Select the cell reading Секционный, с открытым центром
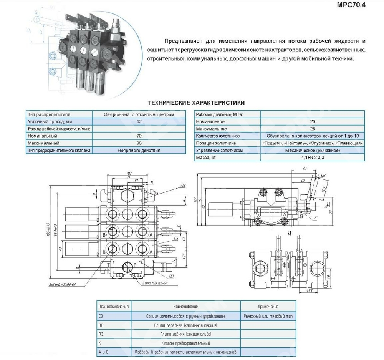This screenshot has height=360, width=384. pyautogui.click(x=139, y=114)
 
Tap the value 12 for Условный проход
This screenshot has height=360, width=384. pyautogui.click(x=139, y=121)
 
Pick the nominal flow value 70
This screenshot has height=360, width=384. pyautogui.click(x=139, y=136)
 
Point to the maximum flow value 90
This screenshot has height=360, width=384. pyautogui.click(x=139, y=143)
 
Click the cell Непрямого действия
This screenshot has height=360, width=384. pyautogui.click(x=139, y=150)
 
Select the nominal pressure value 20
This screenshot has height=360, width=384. pyautogui.click(x=313, y=121)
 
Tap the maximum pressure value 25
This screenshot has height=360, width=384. pyautogui.click(x=313, y=129)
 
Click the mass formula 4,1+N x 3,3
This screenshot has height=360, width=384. pyautogui.click(x=313, y=158)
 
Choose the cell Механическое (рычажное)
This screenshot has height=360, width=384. pyautogui.click(x=313, y=150)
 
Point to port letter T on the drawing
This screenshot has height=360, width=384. pyautogui.click(x=108, y=265)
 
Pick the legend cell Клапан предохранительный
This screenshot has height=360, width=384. pyautogui.click(x=185, y=343)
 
